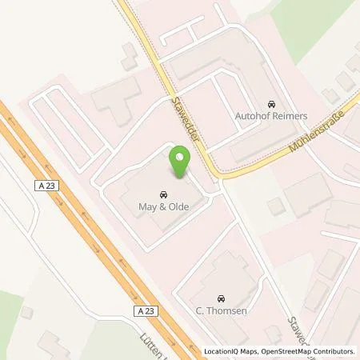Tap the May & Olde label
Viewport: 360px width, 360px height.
[x=163, y=206]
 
